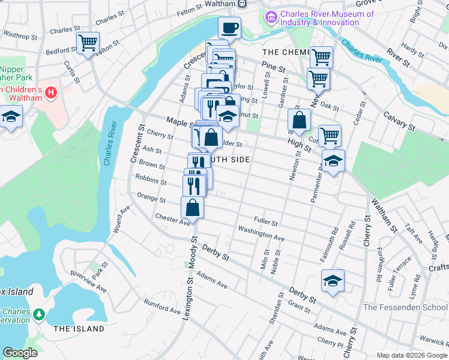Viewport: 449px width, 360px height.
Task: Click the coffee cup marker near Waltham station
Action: pos(229,28)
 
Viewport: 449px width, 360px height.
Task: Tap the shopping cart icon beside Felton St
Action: pos(88,43)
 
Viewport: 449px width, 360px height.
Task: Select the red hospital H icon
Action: pos(51,93)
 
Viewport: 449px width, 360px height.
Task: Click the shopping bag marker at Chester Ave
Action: pos(192,208)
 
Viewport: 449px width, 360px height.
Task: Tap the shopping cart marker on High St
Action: pos(330,136)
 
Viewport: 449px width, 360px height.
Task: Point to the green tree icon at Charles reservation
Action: pos(39,314)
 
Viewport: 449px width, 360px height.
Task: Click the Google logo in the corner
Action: pos(20,353)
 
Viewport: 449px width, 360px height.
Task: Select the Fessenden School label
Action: pos(406,307)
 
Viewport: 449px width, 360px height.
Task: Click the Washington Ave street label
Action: pos(261,233)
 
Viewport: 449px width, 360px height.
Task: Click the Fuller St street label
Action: pos(266,222)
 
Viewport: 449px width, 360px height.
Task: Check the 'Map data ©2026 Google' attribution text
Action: pos(412,355)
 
